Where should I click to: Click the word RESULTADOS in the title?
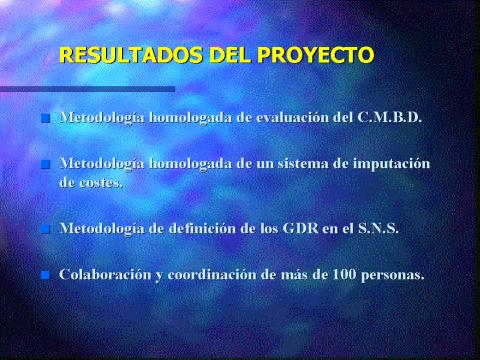131,55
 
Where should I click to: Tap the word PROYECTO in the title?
316,55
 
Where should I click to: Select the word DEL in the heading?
230,55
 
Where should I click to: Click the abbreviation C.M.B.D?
389,117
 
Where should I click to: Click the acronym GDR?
300,228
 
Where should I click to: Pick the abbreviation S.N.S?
378,228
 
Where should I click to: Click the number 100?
344,274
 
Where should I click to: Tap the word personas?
393,276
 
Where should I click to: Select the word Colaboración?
105,274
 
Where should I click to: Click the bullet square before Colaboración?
45,275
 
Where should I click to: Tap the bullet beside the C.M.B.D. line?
45,118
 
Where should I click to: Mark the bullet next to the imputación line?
45,164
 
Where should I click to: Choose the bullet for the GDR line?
45,229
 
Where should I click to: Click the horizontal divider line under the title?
87,89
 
